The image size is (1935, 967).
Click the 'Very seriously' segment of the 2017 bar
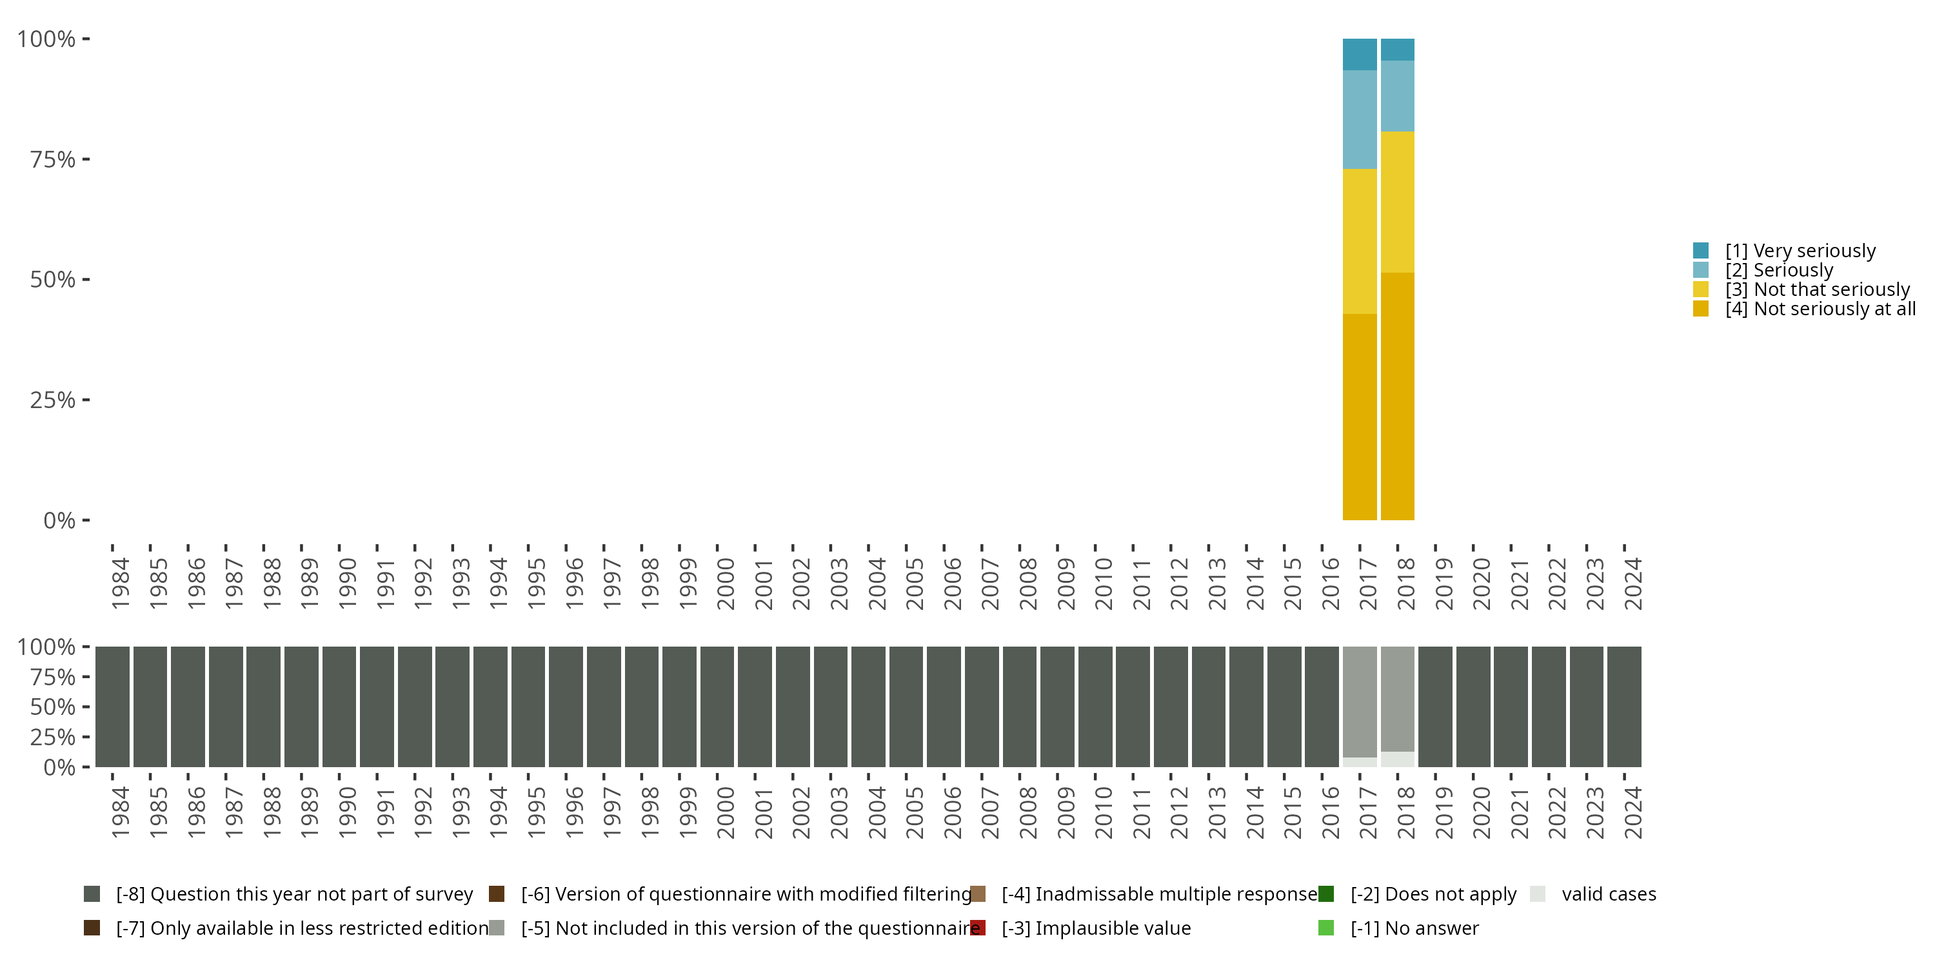coord(1360,54)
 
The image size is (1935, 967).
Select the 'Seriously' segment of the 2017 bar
coord(1360,119)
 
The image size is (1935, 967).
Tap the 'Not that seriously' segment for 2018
coord(1397,202)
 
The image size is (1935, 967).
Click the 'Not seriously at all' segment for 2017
coord(1360,416)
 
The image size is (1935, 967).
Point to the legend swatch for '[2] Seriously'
coord(1702,270)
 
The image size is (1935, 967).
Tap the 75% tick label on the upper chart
coord(53,159)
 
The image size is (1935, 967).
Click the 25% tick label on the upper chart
coord(53,400)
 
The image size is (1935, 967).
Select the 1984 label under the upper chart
coord(120,583)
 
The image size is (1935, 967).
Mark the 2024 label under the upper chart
coord(1633,583)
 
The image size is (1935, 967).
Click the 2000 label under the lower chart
coord(726,812)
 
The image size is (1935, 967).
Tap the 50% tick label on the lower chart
coord(53,707)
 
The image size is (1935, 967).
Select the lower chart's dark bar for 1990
coord(339,706)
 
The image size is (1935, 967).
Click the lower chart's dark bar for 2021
coord(1511,706)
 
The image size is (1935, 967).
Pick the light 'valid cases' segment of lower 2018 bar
coord(1397,759)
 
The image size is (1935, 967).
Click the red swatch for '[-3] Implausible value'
coord(978,928)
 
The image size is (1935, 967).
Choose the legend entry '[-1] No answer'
coord(1414,928)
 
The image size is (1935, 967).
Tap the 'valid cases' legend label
coord(1608,894)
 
